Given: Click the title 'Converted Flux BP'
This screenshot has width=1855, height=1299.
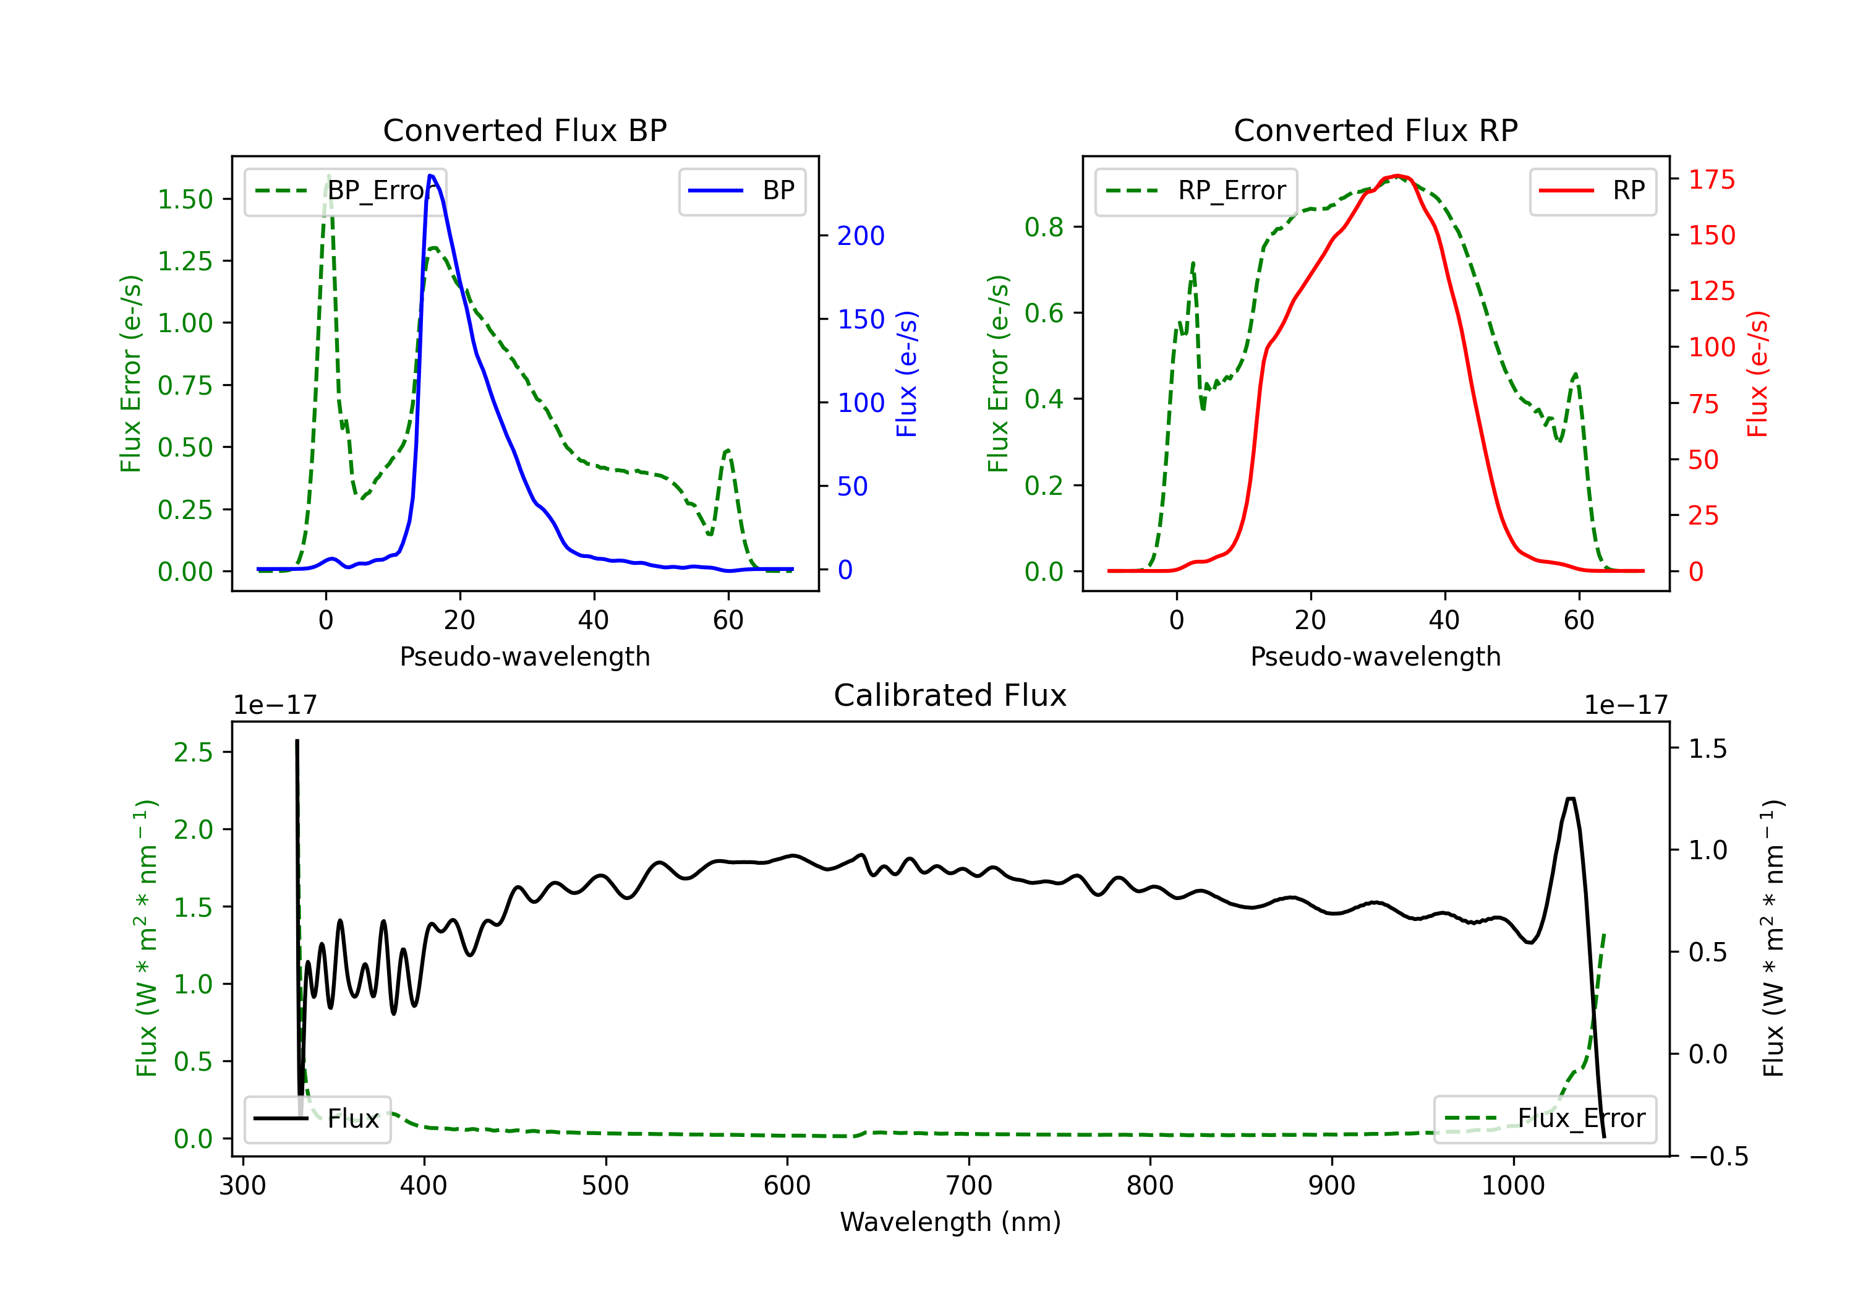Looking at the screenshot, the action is pyautogui.click(x=525, y=130).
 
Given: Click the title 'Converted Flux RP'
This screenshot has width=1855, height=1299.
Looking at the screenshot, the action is pyautogui.click(x=1376, y=130).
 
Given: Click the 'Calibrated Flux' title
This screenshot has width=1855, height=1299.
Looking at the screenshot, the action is pyautogui.click(x=950, y=695).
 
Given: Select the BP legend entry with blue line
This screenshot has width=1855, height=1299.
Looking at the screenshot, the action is pyautogui.click(x=741, y=191).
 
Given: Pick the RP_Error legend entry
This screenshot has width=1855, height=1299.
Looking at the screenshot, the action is pyautogui.click(x=1196, y=191).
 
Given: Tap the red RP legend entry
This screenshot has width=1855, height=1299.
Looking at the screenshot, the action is pyautogui.click(x=1592, y=191).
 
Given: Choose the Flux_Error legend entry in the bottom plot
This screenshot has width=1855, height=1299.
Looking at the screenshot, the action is pyautogui.click(x=1545, y=1119).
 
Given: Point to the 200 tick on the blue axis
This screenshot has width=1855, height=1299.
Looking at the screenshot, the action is pyautogui.click(x=861, y=236).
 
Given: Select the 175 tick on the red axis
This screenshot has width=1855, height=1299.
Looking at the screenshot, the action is pyautogui.click(x=1711, y=179).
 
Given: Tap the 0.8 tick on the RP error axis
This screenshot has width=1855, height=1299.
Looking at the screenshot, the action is pyautogui.click(x=1044, y=227).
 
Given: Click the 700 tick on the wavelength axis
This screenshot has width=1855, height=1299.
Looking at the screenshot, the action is pyautogui.click(x=969, y=1186).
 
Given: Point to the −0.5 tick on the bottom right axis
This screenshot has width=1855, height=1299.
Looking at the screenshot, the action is pyautogui.click(x=1718, y=1157).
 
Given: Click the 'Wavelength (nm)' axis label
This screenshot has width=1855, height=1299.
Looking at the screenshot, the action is pyautogui.click(x=950, y=1222).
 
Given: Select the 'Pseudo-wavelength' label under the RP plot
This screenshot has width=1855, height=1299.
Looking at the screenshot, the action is pyautogui.click(x=1376, y=656).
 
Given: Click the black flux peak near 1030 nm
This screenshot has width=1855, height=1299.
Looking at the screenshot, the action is pyautogui.click(x=1571, y=799).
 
